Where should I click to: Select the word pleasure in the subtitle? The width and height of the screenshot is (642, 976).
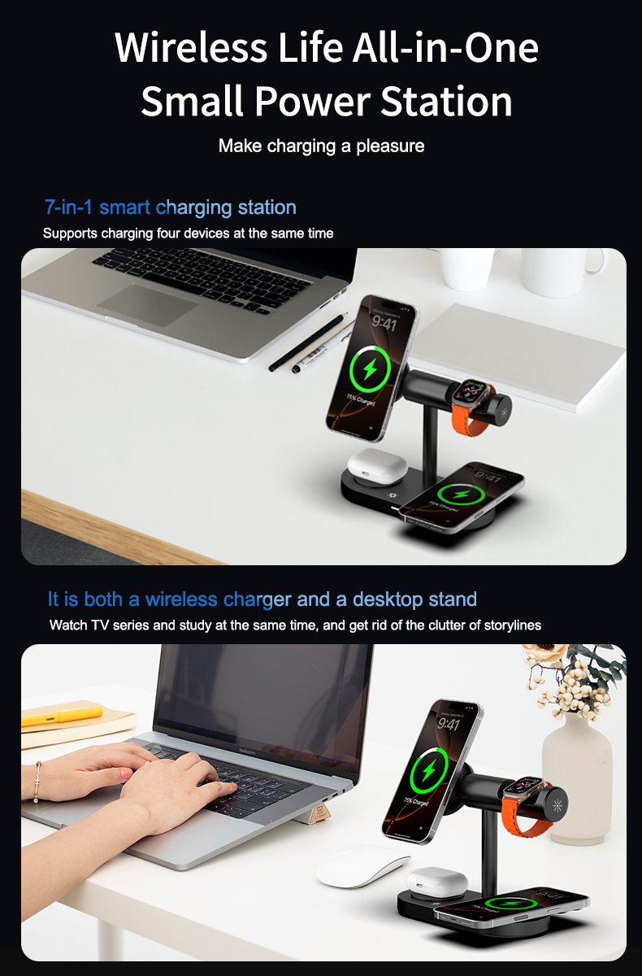point(388,146)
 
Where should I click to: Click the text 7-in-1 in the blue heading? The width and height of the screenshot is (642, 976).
point(68,207)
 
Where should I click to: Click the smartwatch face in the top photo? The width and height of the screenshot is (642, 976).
point(469,393)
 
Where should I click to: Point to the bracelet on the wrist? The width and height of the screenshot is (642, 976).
point(37,782)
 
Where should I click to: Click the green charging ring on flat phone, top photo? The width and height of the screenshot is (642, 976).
point(460,495)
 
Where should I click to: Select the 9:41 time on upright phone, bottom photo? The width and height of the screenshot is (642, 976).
point(449,723)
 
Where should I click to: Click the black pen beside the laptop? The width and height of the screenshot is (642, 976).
point(309,344)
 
